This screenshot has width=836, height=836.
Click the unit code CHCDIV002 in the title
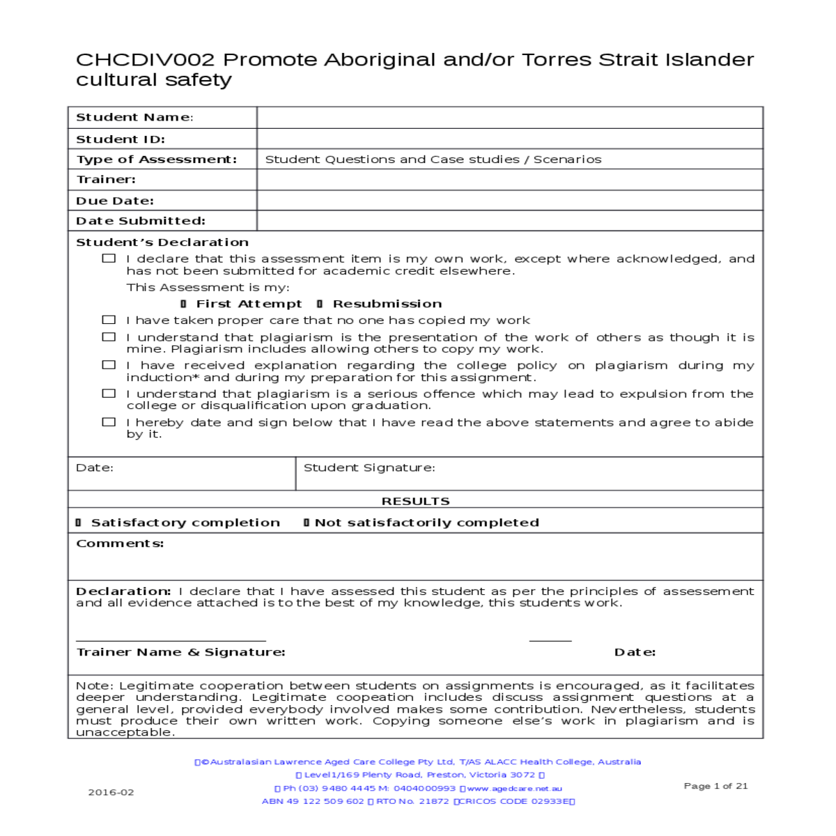[145, 60]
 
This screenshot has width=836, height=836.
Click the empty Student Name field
[509, 117]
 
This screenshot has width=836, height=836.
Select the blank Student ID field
[509, 139]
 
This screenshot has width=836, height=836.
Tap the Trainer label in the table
[106, 180]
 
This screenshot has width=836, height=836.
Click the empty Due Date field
[509, 201]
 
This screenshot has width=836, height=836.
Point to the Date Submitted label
[141, 221]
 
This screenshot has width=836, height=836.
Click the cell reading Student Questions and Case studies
[433, 160]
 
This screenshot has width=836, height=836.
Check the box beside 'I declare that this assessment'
[109, 258]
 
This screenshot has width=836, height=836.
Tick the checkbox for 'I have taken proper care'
[109, 320]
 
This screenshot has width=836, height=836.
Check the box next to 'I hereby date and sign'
[109, 421]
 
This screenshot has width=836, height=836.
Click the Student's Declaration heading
[162, 242]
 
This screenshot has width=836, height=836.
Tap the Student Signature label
[369, 467]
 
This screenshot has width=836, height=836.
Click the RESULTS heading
[415, 501]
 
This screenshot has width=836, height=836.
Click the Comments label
[120, 543]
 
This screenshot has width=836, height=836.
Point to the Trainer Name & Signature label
[180, 652]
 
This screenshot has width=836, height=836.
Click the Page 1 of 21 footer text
[715, 786]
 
